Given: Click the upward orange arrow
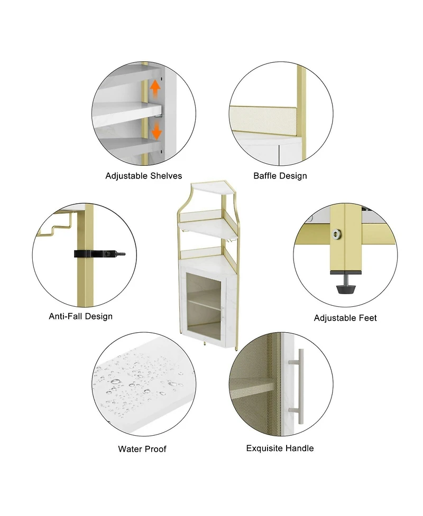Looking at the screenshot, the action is click(x=155, y=89).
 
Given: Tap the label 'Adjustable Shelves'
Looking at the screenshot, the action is click(x=144, y=176).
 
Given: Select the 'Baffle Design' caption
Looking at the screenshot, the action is click(x=280, y=176).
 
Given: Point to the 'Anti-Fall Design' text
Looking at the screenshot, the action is click(x=81, y=316).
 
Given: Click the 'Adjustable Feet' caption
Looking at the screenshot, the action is click(x=345, y=318).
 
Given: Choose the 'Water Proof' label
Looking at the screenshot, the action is click(x=142, y=449).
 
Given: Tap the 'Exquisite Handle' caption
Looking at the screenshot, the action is click(x=280, y=448).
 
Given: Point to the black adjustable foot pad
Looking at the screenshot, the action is click(x=346, y=289).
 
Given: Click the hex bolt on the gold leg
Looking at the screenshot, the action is click(x=336, y=234).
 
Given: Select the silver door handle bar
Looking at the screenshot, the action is click(x=300, y=386).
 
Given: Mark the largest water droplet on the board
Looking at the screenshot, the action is click(x=115, y=381).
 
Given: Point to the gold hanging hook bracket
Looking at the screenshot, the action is click(x=57, y=227).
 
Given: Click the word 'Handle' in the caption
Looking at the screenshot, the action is click(x=299, y=448).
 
